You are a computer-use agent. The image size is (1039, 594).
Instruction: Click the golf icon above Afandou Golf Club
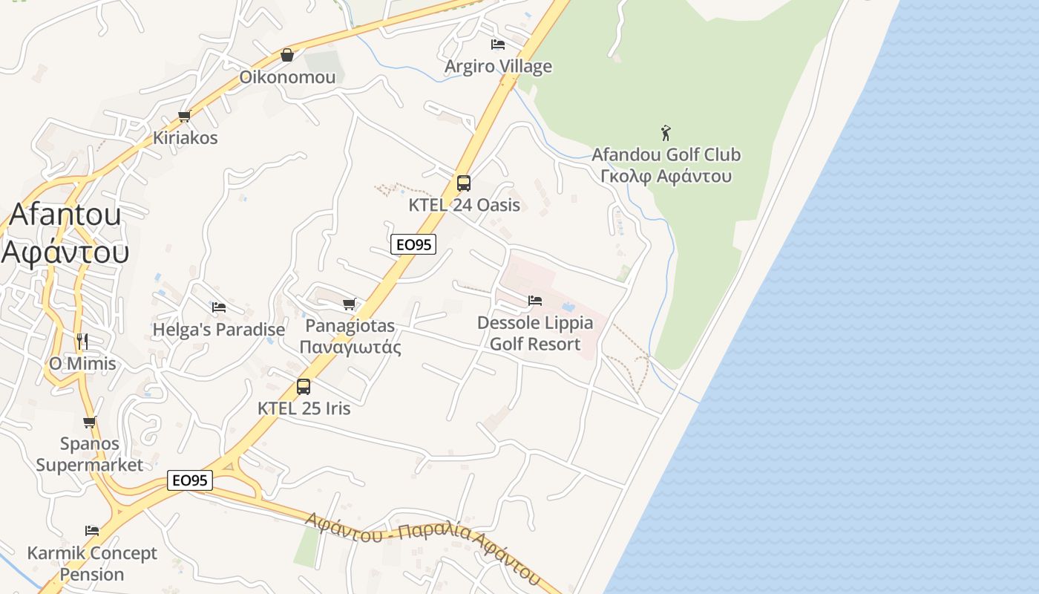(x=666, y=133)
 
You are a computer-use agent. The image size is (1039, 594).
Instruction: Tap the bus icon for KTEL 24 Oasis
(x=464, y=183)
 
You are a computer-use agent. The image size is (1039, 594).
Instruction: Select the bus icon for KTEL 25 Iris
(x=304, y=386)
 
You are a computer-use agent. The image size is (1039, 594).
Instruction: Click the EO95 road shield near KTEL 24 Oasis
(x=413, y=244)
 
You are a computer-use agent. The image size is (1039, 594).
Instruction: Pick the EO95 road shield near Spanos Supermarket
(x=190, y=480)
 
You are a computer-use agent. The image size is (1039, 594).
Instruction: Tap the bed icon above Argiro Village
(x=498, y=45)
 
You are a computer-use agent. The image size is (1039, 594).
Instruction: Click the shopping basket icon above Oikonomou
(x=287, y=55)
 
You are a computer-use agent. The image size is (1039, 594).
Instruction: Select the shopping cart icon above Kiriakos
(x=185, y=116)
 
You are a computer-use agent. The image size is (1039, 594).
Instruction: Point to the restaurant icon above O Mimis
(x=82, y=342)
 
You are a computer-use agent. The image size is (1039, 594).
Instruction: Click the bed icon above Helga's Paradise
(x=218, y=307)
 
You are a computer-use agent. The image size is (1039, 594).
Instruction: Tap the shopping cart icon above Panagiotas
(x=350, y=304)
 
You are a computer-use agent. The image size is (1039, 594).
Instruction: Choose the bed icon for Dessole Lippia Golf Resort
(x=535, y=301)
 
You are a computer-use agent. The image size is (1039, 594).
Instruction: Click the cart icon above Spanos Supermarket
(x=90, y=422)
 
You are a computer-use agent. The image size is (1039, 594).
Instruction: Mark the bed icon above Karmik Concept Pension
(x=92, y=531)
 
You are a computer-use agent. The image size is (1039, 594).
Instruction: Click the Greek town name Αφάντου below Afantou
(x=65, y=252)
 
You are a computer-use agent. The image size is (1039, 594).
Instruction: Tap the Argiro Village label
(x=498, y=66)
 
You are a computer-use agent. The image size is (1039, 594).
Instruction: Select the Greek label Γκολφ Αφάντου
(x=666, y=176)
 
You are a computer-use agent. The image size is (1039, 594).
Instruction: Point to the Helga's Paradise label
(x=218, y=329)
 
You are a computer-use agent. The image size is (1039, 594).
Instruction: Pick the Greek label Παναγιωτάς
(x=350, y=347)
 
